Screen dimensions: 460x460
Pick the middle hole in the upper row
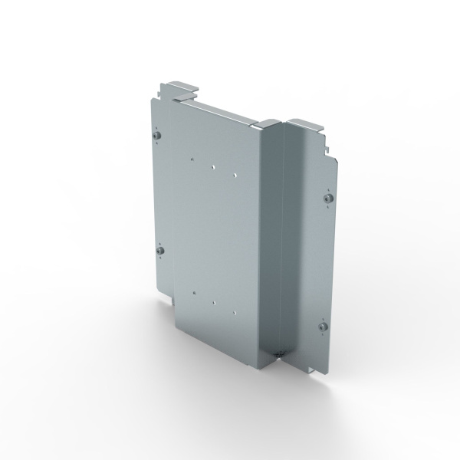[214, 164]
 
